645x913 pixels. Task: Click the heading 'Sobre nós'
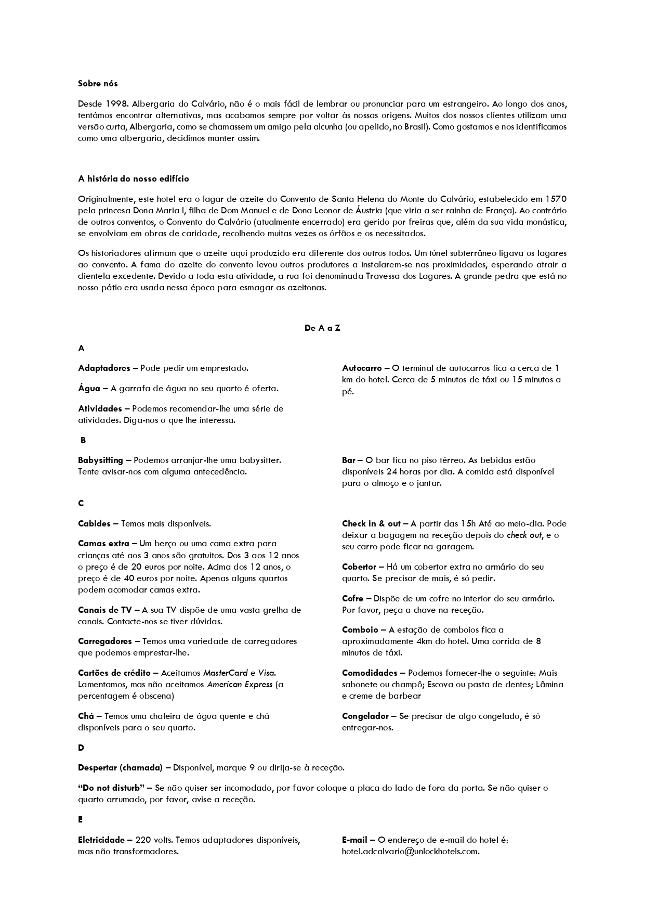coord(98,83)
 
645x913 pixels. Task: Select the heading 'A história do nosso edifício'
coord(134,178)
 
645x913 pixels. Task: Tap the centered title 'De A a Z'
coord(322,328)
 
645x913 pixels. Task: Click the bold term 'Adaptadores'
coord(104,368)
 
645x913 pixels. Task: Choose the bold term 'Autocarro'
coord(362,368)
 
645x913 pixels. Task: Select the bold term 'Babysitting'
coord(100,460)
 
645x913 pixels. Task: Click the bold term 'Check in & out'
coord(371,523)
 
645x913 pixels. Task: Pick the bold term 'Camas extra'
coord(103,544)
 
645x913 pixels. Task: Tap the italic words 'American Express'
coord(240,684)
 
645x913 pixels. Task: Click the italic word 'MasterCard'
coord(225,673)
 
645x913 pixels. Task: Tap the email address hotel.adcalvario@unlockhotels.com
coord(410,851)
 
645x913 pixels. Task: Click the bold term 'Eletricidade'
coord(101,840)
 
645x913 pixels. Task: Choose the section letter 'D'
coord(81,748)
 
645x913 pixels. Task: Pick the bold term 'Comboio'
coord(360,629)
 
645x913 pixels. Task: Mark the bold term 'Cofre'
coord(352,598)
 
